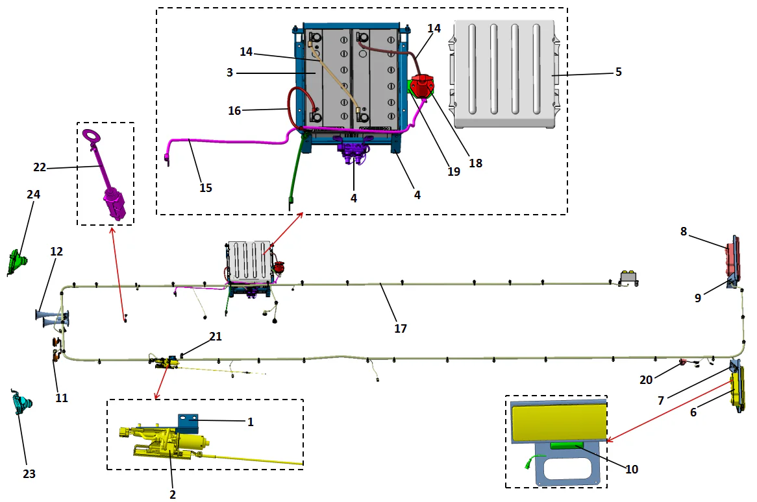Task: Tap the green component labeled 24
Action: [18, 263]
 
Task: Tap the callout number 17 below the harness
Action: [401, 329]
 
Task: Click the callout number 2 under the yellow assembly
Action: [173, 494]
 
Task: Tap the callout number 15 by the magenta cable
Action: [206, 187]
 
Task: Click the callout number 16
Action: [234, 111]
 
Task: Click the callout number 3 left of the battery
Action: [230, 73]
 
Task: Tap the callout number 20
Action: [645, 380]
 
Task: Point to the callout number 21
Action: [216, 336]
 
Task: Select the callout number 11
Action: [61, 398]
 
